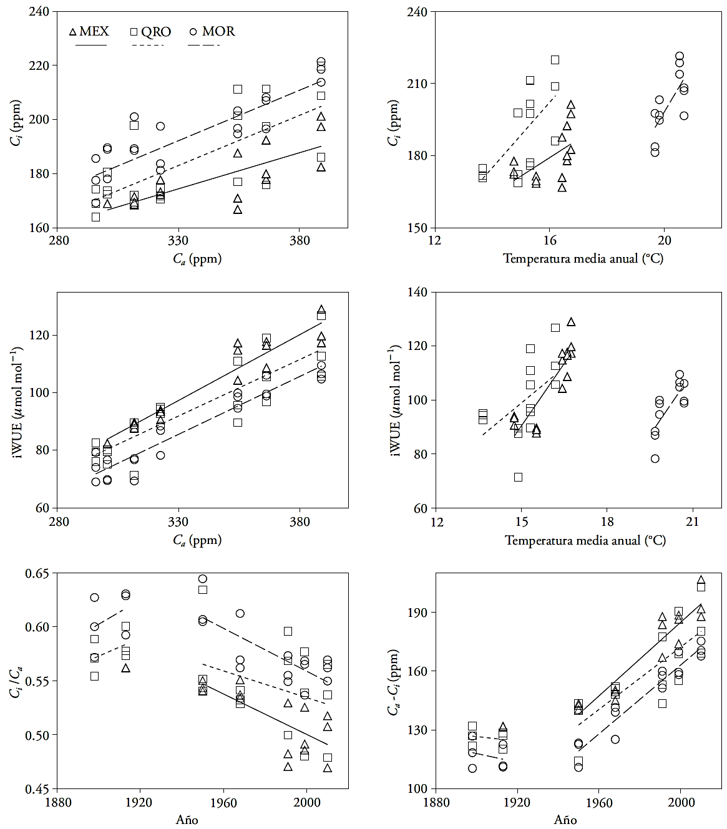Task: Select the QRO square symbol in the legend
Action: click(134, 31)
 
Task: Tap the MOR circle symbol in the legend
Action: click(193, 31)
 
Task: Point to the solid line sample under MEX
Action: click(91, 45)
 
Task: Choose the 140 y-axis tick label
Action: click(417, 292)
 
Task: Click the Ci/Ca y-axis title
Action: click(15, 681)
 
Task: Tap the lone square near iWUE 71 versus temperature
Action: click(518, 477)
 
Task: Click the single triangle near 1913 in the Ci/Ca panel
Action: click(126, 668)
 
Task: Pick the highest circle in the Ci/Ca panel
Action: click(202, 579)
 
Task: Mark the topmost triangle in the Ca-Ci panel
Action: click(701, 580)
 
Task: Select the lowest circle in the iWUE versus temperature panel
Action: click(655, 458)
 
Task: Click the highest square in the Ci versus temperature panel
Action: click(555, 60)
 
